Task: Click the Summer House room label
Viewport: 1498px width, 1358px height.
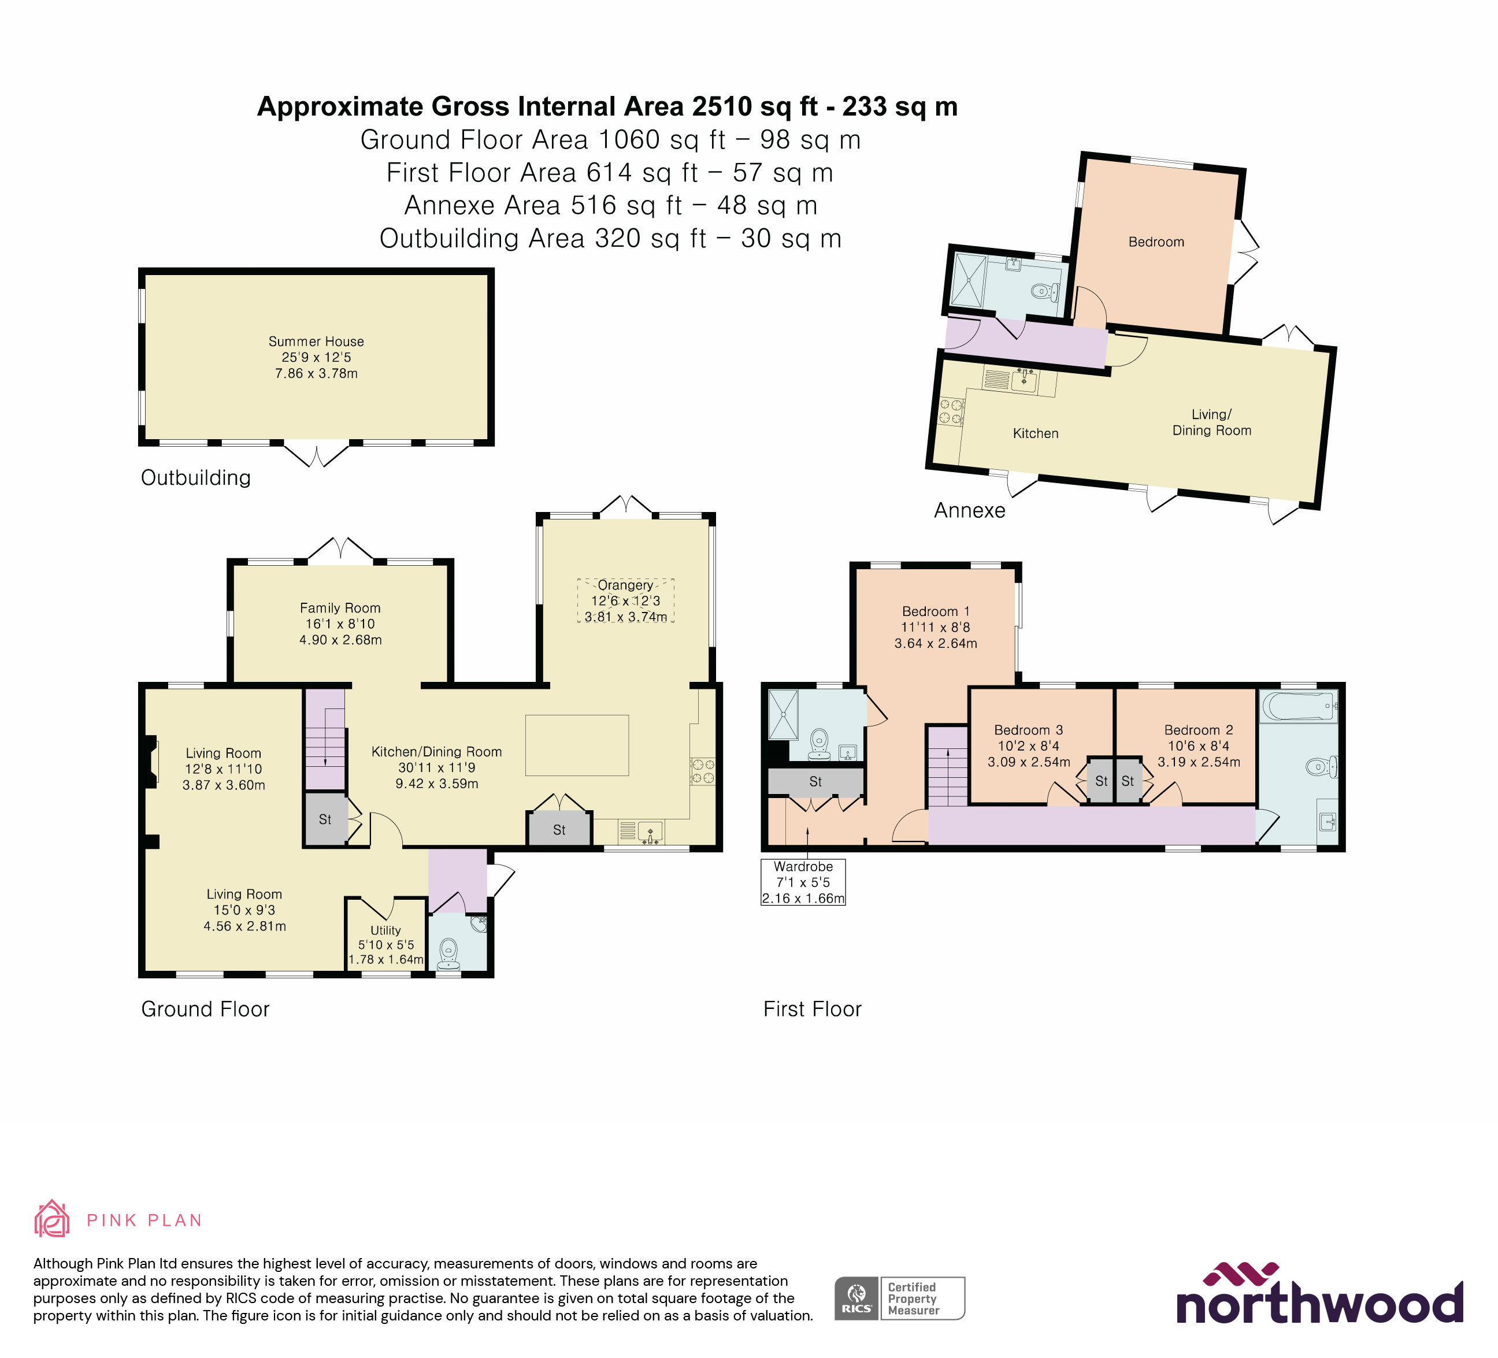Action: point(316,342)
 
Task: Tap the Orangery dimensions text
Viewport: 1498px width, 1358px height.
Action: point(626,609)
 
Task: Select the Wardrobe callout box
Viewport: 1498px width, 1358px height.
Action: point(803,882)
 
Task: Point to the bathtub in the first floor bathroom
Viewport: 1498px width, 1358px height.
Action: point(1297,706)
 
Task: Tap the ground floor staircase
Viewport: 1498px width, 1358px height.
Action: point(325,740)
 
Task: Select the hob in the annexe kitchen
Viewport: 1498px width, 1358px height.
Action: point(952,412)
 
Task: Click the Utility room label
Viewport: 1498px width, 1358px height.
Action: point(385,930)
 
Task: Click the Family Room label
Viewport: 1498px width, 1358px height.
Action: point(340,608)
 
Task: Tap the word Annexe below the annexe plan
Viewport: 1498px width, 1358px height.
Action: point(969,510)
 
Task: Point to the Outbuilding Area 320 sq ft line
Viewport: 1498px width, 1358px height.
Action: point(610,239)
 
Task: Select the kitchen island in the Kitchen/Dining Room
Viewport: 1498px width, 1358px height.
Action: point(577,745)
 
